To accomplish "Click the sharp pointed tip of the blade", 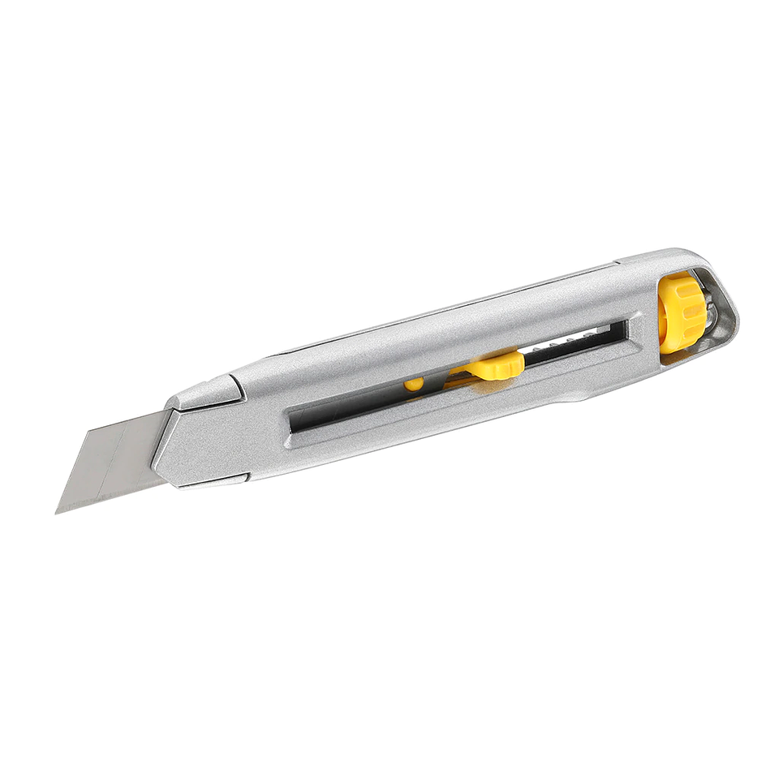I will [58, 511].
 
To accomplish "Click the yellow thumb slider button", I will [497, 365].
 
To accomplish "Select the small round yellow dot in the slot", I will [414, 384].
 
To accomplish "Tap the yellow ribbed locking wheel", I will [681, 312].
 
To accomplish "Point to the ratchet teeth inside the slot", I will [568, 342].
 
